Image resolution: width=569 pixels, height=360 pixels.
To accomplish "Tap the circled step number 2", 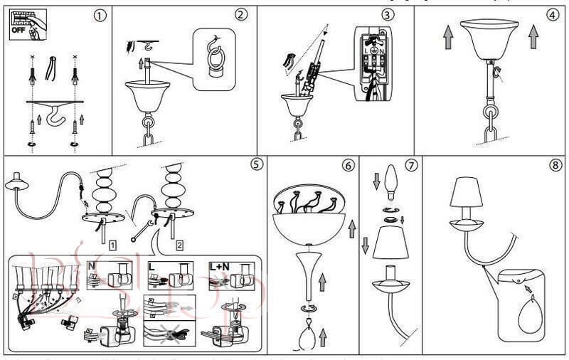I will pos(242,14).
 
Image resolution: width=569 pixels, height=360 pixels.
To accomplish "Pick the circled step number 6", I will pos(348,165).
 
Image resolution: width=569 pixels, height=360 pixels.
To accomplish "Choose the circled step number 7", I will pos(411,165).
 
